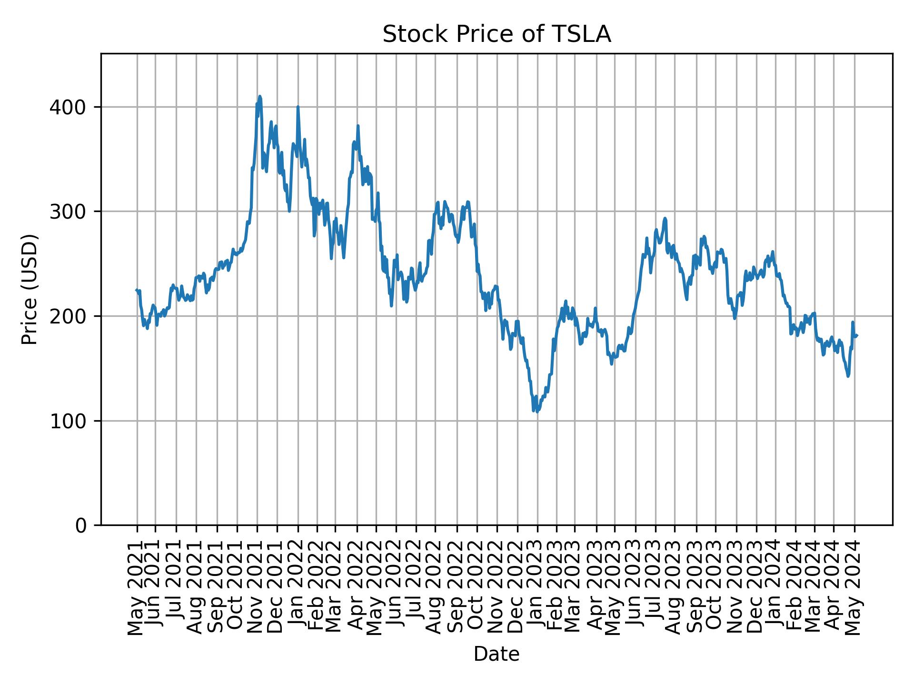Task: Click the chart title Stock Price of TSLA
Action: coord(497,35)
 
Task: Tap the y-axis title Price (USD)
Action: coord(30,289)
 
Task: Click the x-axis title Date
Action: coord(497,654)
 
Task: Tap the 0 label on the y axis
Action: coord(81,525)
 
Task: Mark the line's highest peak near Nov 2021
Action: coord(260,96)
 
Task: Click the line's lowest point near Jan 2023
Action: coord(537,412)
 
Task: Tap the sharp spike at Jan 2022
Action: coord(298,107)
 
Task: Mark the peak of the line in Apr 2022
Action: coord(358,126)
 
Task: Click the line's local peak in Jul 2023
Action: coord(665,219)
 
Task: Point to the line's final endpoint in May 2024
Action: coord(857,336)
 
